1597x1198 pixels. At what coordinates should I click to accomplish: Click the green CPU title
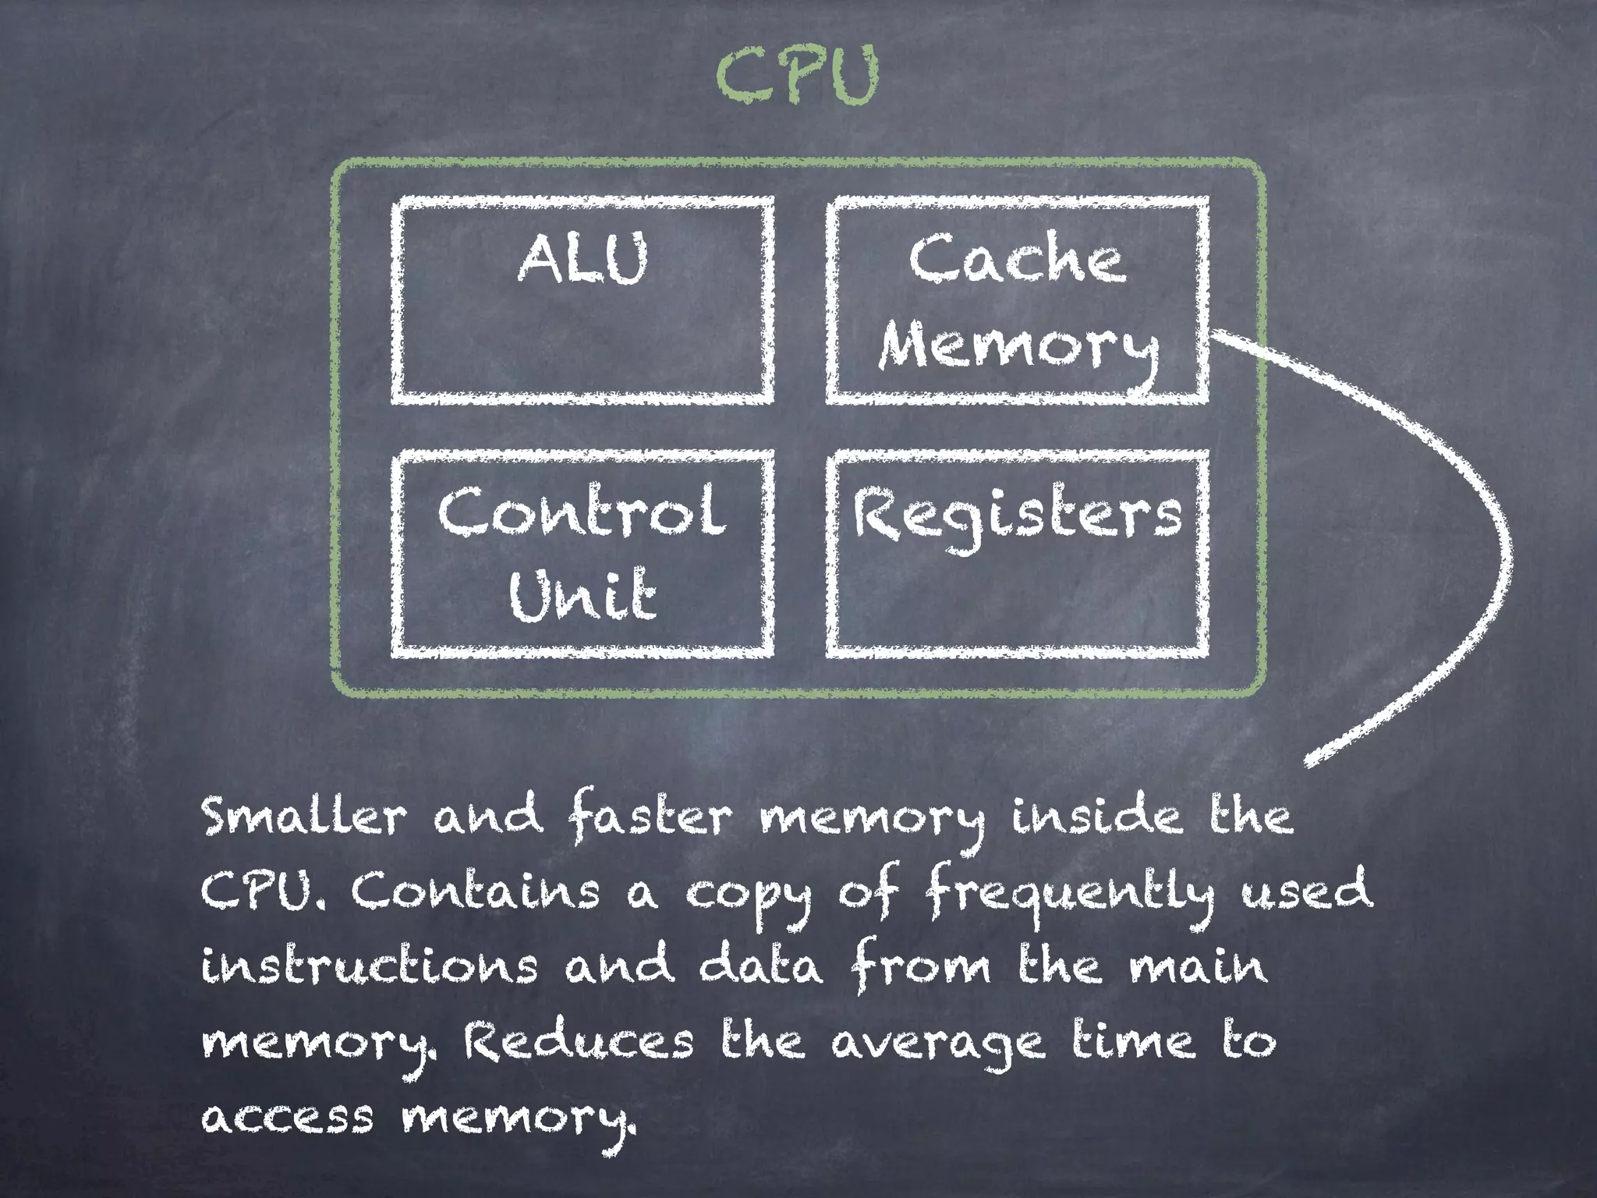click(x=797, y=76)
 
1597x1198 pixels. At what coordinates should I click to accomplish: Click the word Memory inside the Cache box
click(x=1017, y=349)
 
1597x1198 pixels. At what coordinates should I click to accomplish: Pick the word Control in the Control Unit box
click(x=581, y=512)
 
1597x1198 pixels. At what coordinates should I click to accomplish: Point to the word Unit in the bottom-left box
click(x=582, y=594)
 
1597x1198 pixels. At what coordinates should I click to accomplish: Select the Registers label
click(x=1017, y=515)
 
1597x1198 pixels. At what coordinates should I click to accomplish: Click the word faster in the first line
click(x=649, y=817)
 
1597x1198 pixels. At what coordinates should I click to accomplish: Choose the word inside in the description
click(x=1096, y=817)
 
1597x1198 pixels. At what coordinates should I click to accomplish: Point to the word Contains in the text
click(x=474, y=891)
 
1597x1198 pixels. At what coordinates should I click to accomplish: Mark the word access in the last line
click(x=288, y=1117)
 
